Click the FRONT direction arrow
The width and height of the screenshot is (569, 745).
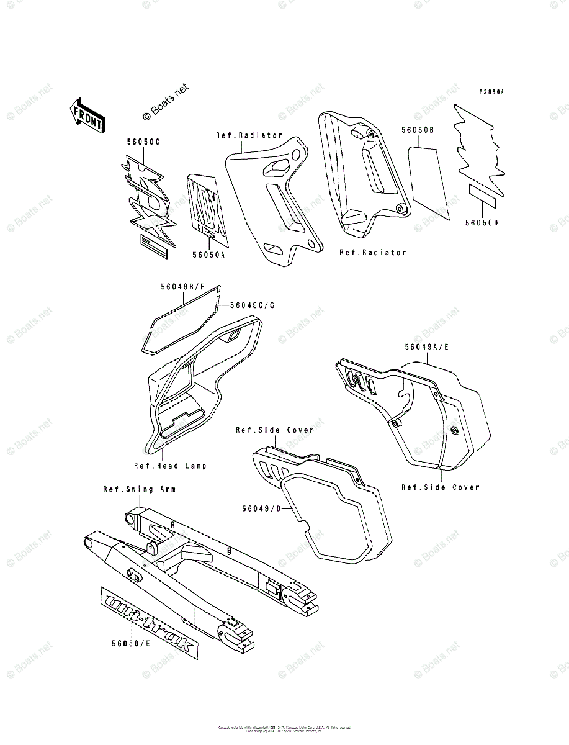[86, 114]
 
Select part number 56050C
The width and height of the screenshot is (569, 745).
[143, 142]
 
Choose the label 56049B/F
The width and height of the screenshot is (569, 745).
[182, 287]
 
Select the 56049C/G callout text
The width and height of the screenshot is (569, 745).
[253, 305]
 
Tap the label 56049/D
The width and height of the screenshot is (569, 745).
[262, 509]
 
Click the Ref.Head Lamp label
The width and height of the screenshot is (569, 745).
[170, 466]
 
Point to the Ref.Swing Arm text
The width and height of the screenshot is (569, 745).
[139, 489]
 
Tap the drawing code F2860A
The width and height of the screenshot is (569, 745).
[491, 92]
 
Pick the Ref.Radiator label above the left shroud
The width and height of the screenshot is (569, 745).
[249, 135]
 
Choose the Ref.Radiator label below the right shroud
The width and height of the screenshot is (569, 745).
[373, 253]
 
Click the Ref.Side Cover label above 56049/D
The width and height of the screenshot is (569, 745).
[274, 430]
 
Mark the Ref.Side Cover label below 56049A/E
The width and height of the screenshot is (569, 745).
[440, 487]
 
